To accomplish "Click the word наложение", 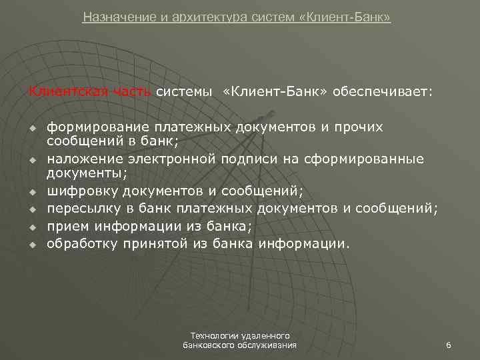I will pyautogui.click(x=81, y=159).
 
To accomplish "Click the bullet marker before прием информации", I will pyautogui.click(x=31, y=227).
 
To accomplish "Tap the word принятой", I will pyautogui.click(x=156, y=243).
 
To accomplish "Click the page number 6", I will pyautogui.click(x=449, y=345).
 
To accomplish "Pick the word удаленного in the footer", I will pyautogui.click(x=263, y=335).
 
